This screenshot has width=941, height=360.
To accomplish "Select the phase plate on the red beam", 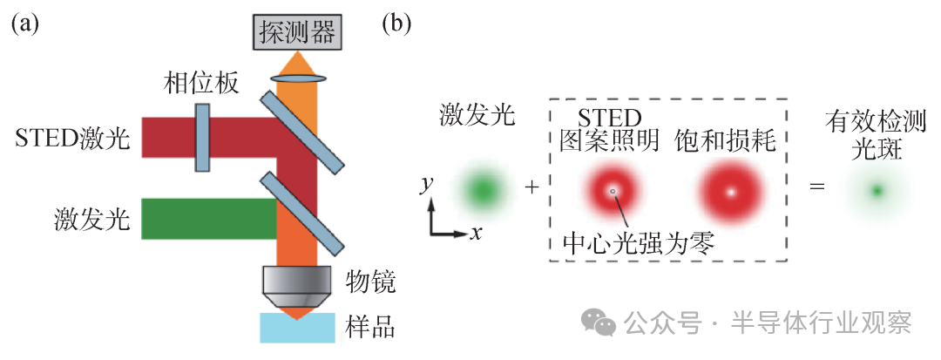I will (202, 137).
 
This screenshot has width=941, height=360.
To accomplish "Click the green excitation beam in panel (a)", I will (208, 218).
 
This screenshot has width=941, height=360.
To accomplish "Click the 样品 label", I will (370, 327).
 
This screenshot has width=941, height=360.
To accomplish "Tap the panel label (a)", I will (24, 23).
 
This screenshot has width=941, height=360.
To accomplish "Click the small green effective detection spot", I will (877, 190).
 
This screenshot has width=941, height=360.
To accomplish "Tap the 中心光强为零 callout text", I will (639, 241).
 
